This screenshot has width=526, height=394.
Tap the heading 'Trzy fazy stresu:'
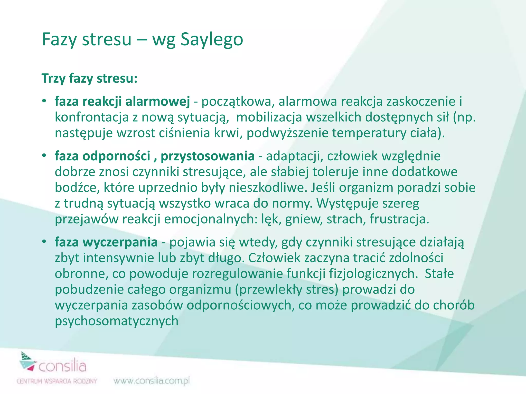(90, 78)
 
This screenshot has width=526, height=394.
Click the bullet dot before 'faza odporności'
(44, 155)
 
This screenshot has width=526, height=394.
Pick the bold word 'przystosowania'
(208, 156)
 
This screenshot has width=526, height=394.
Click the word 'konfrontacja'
(92, 117)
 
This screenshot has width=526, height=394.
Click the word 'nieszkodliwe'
(268, 188)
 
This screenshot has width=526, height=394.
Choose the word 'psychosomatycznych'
(117, 321)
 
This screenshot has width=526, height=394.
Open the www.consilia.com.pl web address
(152, 381)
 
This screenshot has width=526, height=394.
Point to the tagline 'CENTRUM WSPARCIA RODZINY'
(57, 381)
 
